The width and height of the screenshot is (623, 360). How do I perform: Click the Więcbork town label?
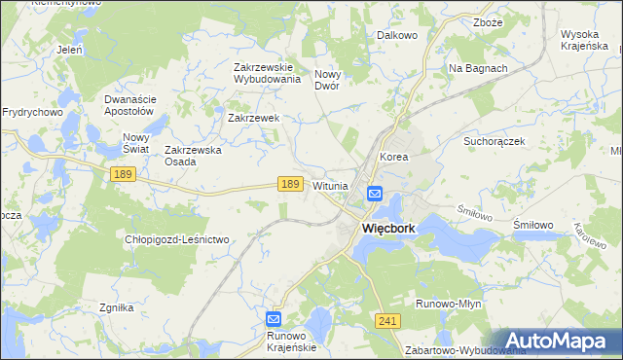pos(388,229)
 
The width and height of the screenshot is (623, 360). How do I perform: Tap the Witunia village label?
pos(330,186)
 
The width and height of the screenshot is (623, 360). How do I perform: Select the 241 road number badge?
pos(387,321)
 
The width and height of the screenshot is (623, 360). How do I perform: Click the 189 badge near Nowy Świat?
pos(122,173)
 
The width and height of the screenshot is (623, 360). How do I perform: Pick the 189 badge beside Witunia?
pos(288,183)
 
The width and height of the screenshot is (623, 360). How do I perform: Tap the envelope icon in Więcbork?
pos(375,195)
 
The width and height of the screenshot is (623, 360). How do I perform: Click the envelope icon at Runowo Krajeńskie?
pos(275,318)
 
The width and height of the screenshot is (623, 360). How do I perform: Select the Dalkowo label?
pos(396,35)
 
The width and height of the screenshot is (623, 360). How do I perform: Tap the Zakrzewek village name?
pos(254,118)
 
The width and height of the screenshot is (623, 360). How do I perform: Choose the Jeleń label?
pos(69,49)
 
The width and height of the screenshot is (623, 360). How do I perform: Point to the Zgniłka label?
pos(116,307)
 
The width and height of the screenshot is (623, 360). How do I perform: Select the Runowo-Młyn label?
pos(449,304)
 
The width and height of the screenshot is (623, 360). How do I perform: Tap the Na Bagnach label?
pos(478,68)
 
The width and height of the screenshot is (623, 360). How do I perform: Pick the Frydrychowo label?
pos(32,112)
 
